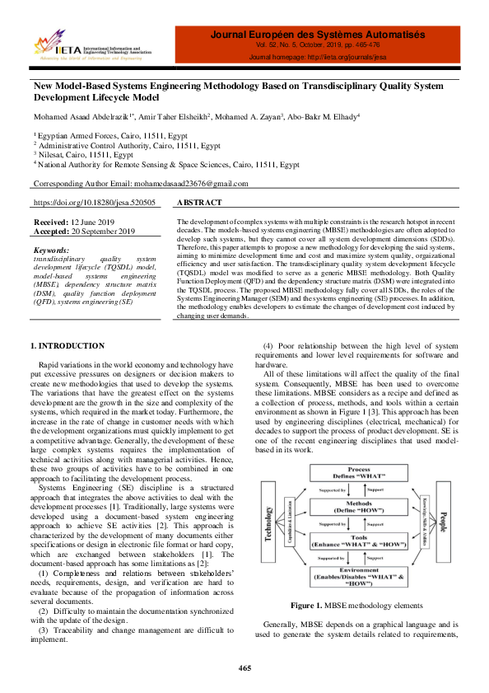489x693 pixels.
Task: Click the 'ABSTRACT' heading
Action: click(199, 203)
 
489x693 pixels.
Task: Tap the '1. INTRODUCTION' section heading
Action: click(68, 345)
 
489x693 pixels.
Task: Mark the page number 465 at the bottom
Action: click(244, 667)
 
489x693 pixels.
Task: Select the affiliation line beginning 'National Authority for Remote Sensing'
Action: click(168, 164)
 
